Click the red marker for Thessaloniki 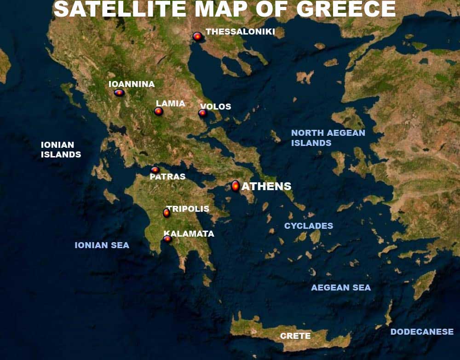pos(197,36)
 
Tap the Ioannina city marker pos(119,93)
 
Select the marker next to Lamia pos(158,111)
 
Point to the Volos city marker pos(202,113)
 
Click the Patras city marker pos(155,170)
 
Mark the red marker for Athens pos(236,186)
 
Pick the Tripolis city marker pos(167,213)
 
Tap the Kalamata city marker pos(167,238)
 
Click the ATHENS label pos(266,186)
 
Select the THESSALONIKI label pos(240,32)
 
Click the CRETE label pos(295,336)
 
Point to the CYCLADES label pos(309,226)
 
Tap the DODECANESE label pos(422,332)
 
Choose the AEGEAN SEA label pos(341,288)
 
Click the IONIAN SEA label pos(102,245)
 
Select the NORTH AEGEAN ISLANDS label pos(328,138)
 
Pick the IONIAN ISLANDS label pos(61,150)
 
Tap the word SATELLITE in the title pos(119,9)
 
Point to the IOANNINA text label pos(132,84)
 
